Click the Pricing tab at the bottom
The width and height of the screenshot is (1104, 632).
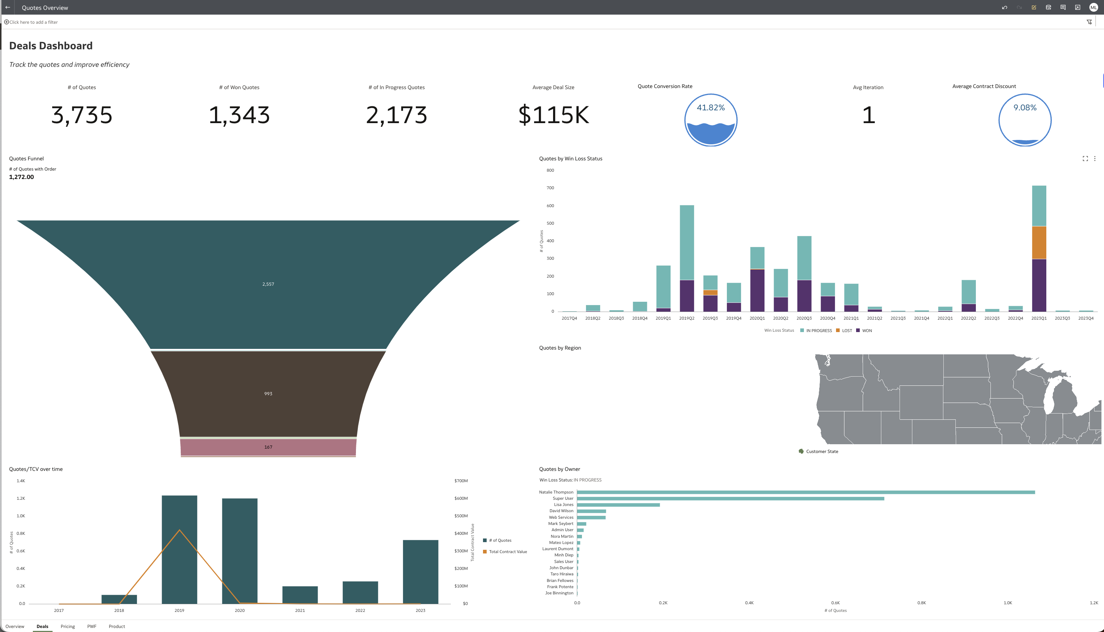pyautogui.click(x=68, y=627)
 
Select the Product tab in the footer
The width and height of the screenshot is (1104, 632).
pyautogui.click(x=117, y=627)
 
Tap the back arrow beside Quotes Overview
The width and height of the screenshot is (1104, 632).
pyautogui.click(x=7, y=7)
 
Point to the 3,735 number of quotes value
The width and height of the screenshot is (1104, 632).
pyautogui.click(x=81, y=115)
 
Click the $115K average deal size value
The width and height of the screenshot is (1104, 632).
pyautogui.click(x=553, y=115)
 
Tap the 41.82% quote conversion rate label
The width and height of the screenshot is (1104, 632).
pyautogui.click(x=710, y=108)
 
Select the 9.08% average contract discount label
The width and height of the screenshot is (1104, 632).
pyautogui.click(x=1025, y=108)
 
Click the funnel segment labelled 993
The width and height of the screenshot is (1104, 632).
pyautogui.click(x=268, y=393)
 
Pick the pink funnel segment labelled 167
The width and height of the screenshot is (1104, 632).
pyautogui.click(x=268, y=447)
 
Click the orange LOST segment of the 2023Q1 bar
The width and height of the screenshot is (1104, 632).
pyautogui.click(x=1039, y=243)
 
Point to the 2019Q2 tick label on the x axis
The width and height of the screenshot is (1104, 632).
pyautogui.click(x=686, y=318)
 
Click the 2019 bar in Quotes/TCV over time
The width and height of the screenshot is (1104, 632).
pyautogui.click(x=179, y=549)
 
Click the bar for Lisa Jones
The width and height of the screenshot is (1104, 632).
pyautogui.click(x=618, y=505)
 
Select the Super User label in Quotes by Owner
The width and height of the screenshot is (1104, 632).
pyautogui.click(x=563, y=498)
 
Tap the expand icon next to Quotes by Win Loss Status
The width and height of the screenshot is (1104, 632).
pyautogui.click(x=1085, y=159)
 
